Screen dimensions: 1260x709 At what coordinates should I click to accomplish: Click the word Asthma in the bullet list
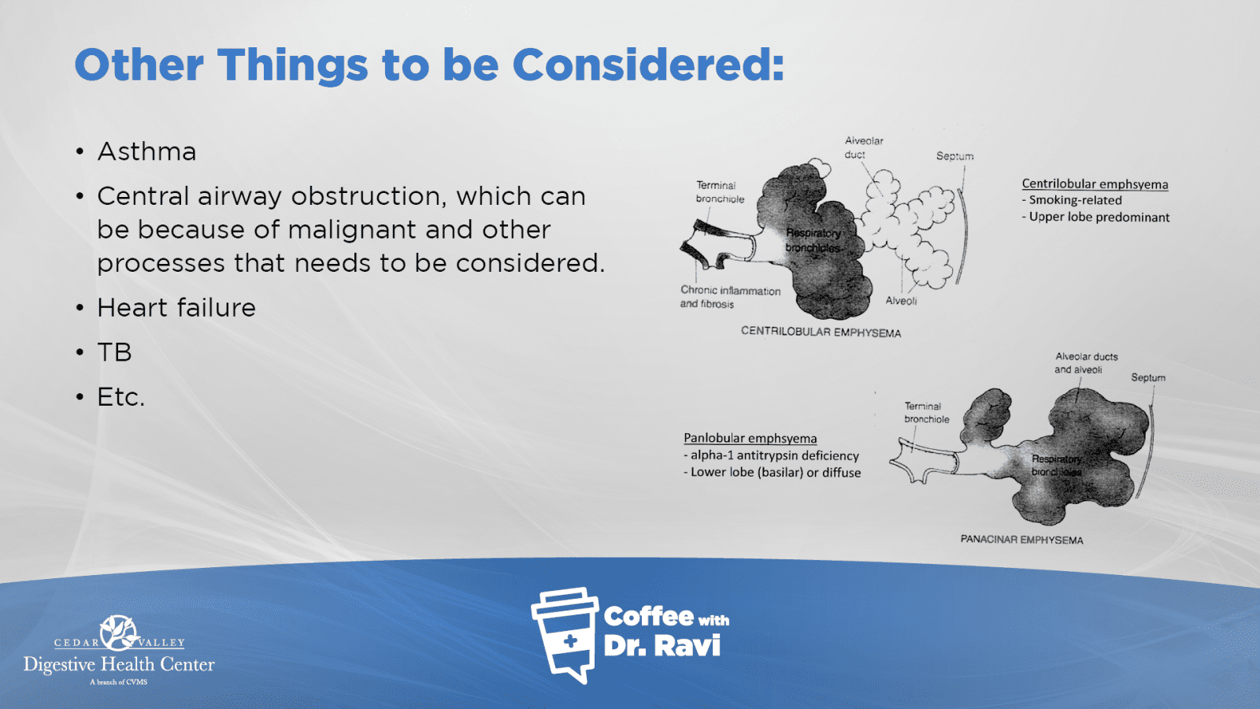[146, 151]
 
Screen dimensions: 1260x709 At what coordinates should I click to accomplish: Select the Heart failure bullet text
[176, 307]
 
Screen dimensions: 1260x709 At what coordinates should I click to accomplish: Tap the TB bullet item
[114, 352]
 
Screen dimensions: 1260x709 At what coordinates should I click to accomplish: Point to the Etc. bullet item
[121, 397]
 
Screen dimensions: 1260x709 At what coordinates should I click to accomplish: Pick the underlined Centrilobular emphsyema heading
[1095, 184]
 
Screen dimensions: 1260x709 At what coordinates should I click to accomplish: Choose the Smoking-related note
[1072, 200]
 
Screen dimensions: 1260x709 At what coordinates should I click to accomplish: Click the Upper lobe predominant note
[1095, 217]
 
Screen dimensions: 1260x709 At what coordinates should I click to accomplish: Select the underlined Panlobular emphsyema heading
[750, 438]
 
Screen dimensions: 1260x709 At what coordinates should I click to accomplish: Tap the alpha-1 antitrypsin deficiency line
[771, 455]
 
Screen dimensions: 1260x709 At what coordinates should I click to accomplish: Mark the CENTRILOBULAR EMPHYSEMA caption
[821, 332]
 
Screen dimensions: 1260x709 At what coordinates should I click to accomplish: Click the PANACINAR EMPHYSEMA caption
[1021, 540]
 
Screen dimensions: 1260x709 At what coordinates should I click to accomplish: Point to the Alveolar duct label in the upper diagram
[863, 147]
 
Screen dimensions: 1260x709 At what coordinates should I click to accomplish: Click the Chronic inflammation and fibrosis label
[730, 297]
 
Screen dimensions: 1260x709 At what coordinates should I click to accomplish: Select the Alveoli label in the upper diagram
[901, 301]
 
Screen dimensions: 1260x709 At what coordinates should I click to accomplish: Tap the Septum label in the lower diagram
[1148, 377]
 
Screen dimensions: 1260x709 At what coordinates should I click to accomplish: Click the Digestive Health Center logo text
[119, 665]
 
